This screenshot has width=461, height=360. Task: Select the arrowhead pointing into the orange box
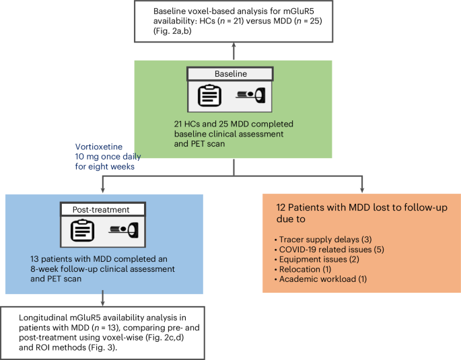pos(362,190)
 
